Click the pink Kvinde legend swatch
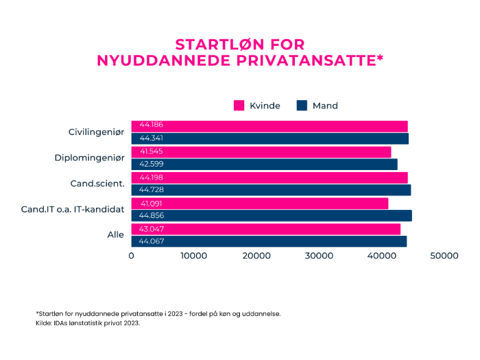(239, 106)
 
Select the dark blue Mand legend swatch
(301, 106)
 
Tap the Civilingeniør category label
(96, 132)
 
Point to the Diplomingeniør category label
(89, 158)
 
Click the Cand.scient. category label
(97, 183)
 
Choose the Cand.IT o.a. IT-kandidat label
(73, 208)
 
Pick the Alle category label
(115, 235)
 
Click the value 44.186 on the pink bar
(151, 125)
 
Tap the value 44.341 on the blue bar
(151, 139)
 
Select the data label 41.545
(151, 151)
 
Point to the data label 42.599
(151, 165)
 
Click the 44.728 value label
(151, 190)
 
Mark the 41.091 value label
(151, 204)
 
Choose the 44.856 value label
(151, 216)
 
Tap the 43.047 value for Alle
(151, 228)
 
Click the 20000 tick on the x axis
(256, 256)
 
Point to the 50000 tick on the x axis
(444, 256)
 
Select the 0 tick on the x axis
(131, 256)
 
